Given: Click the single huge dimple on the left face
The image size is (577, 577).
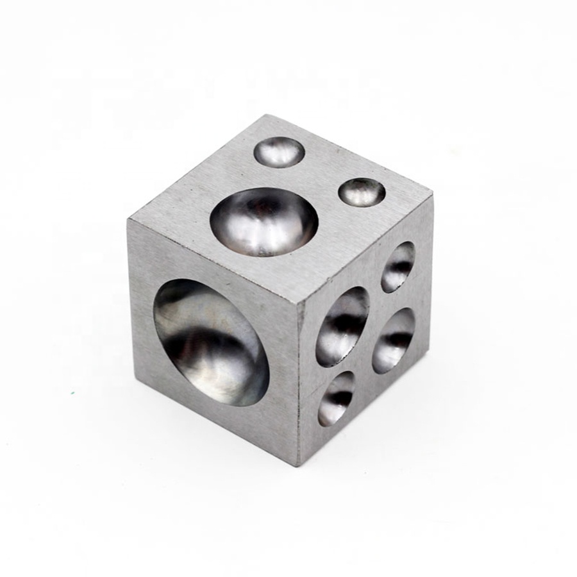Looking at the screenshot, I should [208, 341].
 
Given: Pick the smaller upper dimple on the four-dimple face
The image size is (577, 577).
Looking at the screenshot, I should [397, 267].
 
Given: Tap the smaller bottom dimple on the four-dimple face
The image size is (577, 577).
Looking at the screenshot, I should [337, 399].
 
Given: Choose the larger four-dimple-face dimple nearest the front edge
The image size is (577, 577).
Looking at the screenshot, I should [342, 326].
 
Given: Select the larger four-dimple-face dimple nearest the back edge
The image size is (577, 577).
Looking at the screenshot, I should [393, 340].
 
